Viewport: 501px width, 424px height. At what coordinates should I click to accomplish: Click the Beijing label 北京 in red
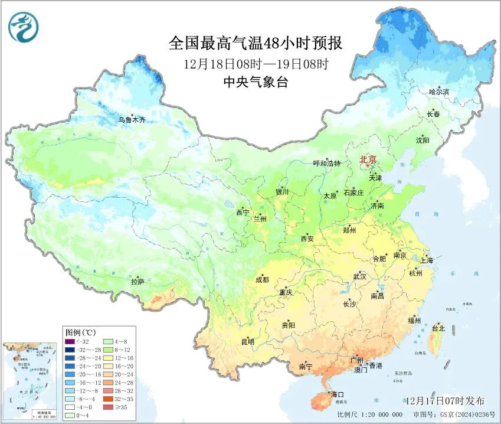(x=368, y=159)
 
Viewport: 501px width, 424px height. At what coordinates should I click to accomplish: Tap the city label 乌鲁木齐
(x=131, y=120)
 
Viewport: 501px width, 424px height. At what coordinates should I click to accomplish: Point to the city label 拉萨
(x=137, y=282)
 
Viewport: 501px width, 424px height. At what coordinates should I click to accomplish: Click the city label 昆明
(x=247, y=341)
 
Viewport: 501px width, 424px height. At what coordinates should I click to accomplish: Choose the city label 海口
(x=337, y=394)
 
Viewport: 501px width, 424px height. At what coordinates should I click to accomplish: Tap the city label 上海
(x=426, y=260)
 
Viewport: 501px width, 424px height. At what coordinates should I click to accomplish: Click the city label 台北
(x=438, y=328)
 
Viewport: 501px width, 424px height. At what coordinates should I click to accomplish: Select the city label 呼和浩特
(x=326, y=163)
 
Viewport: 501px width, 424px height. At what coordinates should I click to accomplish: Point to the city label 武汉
(x=359, y=276)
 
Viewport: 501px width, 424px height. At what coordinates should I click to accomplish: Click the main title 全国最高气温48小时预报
(x=256, y=44)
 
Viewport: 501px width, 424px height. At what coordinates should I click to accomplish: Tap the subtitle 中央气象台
(x=256, y=83)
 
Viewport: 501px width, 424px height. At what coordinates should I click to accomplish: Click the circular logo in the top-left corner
(x=23, y=27)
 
